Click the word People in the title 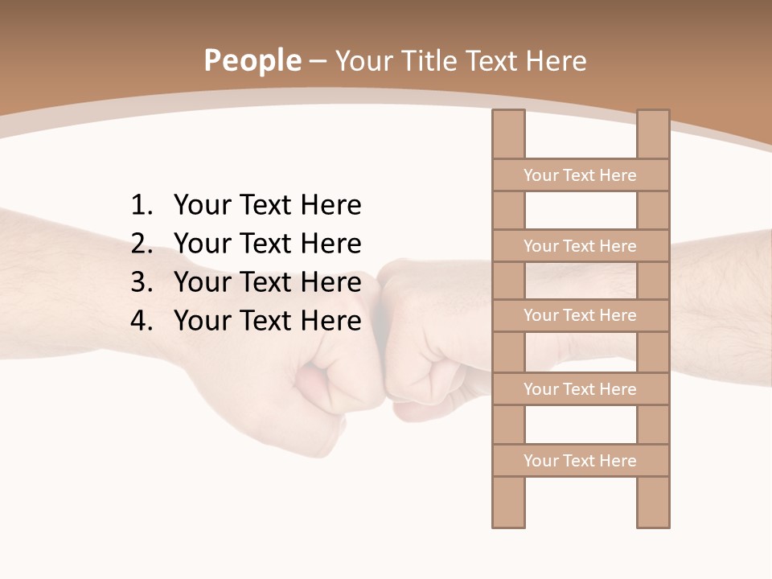coord(253,60)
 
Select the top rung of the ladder coord(581,175)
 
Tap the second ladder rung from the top coord(581,246)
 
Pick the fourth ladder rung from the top coord(581,389)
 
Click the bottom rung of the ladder coord(581,461)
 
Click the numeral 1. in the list coord(141,206)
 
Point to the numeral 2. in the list coord(141,244)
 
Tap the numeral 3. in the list coord(141,282)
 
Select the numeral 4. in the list coord(141,321)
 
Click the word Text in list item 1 coord(265,206)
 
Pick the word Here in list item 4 coord(331,321)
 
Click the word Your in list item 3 coord(199,282)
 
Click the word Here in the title coord(556,60)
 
